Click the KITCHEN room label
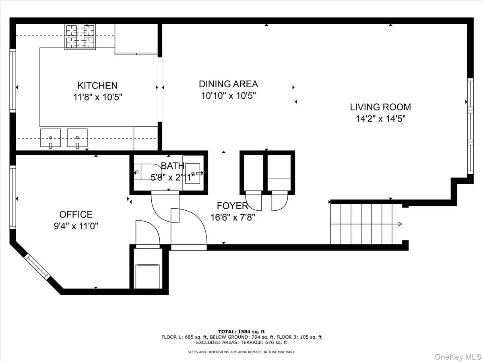pos(97,85)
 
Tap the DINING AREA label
pos(228,84)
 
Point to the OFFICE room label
pos(76,214)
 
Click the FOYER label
pos(232,206)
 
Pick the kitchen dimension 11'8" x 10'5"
pos(97,97)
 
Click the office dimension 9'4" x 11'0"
pos(76,226)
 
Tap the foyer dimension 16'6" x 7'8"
pos(232,218)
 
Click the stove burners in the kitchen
pos(80,37)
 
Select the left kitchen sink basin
pos(50,138)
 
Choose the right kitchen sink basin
pos(77,138)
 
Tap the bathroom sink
pos(193,174)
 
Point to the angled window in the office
pos(37,266)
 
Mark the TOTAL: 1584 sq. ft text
pos(242,331)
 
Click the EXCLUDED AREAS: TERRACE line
pos(242,343)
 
